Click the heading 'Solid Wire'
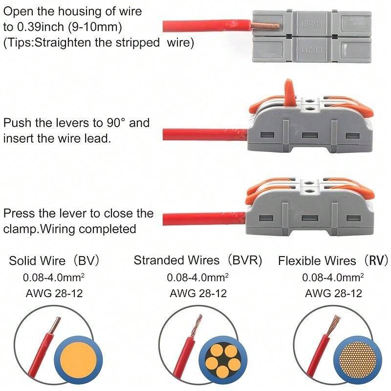[34, 261]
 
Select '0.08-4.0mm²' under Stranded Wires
[197, 278]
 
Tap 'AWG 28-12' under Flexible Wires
[333, 294]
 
